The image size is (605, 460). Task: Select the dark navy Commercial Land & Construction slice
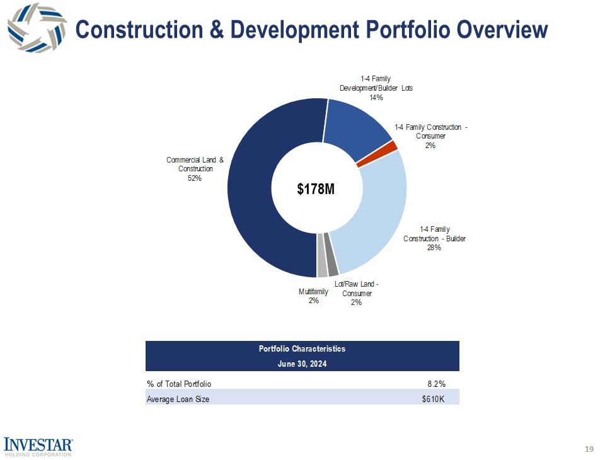[252, 189]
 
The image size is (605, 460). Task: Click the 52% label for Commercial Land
[195, 178]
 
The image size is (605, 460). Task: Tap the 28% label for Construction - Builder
[434, 248]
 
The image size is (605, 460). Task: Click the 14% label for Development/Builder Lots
[376, 98]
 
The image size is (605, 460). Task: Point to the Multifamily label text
[313, 292]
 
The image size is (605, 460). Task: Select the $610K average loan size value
[434, 399]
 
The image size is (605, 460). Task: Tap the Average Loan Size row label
[178, 399]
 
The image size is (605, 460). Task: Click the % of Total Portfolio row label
[179, 383]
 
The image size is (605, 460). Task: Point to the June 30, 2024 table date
[302, 364]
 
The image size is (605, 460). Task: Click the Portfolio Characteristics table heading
[302, 348]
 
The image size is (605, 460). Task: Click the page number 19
[589, 449]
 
